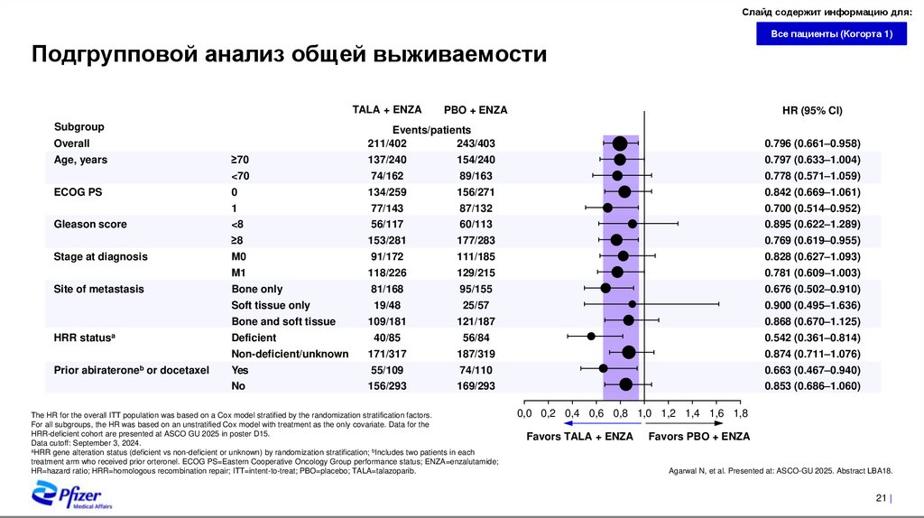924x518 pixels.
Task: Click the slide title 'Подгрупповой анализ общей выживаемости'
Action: tap(290, 55)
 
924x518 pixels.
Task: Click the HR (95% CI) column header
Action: tap(811, 110)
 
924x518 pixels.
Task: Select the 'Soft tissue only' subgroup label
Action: tap(271, 305)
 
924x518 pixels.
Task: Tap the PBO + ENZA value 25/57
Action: tap(476, 305)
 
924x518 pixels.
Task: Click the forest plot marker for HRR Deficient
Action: tap(591, 337)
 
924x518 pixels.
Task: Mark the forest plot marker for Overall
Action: tap(620, 143)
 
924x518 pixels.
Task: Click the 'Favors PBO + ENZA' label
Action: tap(698, 436)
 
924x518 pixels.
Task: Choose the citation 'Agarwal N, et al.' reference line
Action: tap(780, 471)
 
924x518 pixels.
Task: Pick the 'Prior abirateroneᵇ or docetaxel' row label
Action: tap(132, 370)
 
